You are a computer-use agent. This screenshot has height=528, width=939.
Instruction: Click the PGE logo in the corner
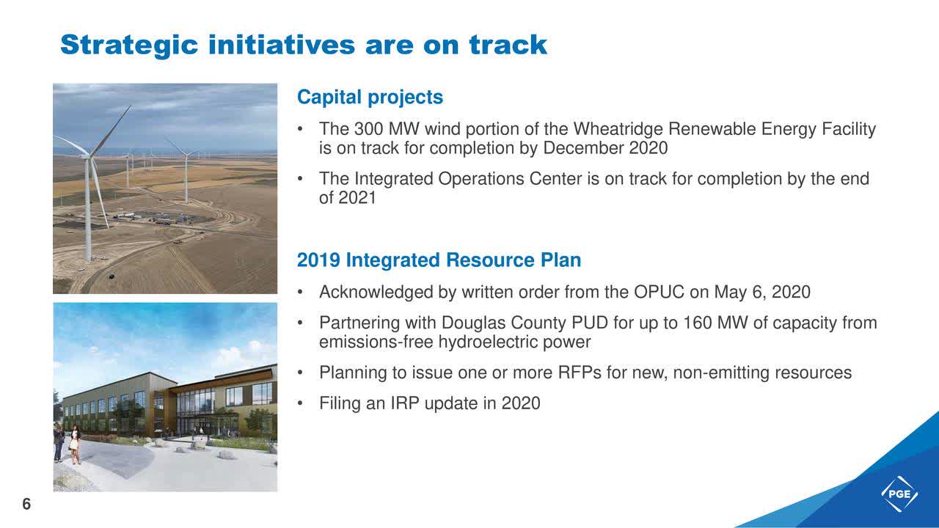tap(899, 494)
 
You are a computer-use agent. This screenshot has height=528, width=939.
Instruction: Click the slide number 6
tap(26, 504)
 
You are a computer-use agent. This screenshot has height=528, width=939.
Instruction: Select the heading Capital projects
tap(370, 98)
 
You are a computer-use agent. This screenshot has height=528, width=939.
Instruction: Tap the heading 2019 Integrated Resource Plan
tap(439, 260)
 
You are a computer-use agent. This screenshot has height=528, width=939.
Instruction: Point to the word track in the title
tap(508, 45)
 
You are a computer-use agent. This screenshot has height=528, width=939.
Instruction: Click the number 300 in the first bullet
tap(368, 129)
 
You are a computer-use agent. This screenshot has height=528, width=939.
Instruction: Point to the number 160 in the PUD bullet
tap(698, 323)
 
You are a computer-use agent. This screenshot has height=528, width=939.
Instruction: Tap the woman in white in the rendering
tap(75, 444)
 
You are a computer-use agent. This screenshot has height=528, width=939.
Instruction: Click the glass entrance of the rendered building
tap(193, 413)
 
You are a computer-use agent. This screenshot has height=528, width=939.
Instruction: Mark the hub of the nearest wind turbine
tap(88, 157)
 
